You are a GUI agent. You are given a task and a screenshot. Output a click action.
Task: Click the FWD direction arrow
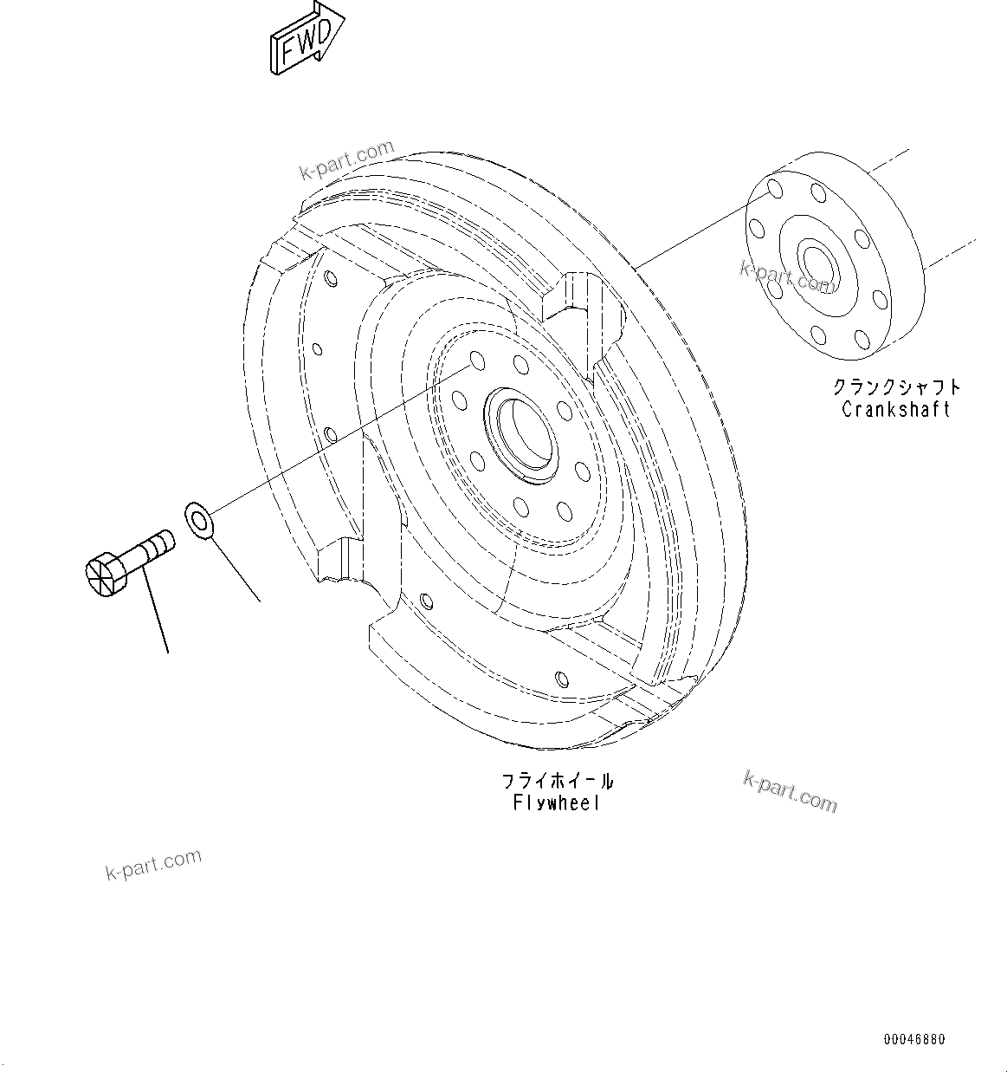pyautogui.click(x=306, y=40)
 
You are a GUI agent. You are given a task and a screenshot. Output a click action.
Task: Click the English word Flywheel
pyautogui.click(x=556, y=803)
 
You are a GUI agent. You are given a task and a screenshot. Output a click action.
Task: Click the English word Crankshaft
pyautogui.click(x=895, y=409)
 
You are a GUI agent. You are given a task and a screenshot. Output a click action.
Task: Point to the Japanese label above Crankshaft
pyautogui.click(x=896, y=387)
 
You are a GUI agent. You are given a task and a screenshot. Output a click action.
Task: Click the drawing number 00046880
pyautogui.click(x=914, y=1039)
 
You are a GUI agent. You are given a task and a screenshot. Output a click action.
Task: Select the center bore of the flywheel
pyautogui.click(x=521, y=431)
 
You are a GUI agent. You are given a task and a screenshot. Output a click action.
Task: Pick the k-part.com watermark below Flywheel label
pyautogui.click(x=790, y=790)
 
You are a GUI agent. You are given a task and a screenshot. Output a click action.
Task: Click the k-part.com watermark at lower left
pyautogui.click(x=153, y=864)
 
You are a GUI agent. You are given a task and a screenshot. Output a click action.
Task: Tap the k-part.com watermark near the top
pyautogui.click(x=346, y=161)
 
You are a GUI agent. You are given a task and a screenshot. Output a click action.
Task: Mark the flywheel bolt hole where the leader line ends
pyautogui.click(x=474, y=361)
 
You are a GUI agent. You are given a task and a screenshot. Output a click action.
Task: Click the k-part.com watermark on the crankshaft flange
pyautogui.click(x=786, y=277)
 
